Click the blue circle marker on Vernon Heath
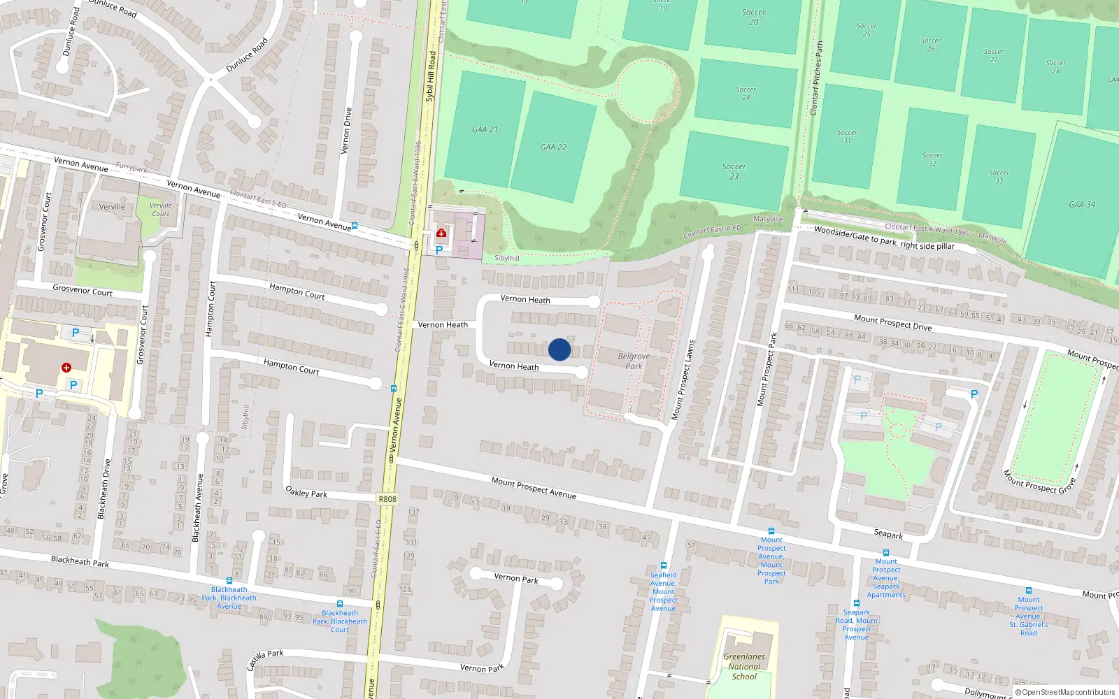pyautogui.click(x=559, y=349)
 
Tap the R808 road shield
pyautogui.click(x=387, y=499)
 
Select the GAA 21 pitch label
pyautogui.click(x=485, y=129)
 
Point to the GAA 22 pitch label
pyautogui.click(x=553, y=147)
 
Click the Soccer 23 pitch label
pyautogui.click(x=734, y=171)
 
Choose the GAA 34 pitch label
pyautogui.click(x=1082, y=204)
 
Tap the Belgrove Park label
pyautogui.click(x=634, y=361)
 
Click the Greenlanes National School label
pyautogui.click(x=744, y=666)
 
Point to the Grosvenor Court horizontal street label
pyautogui.click(x=83, y=290)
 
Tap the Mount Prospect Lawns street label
pyautogui.click(x=683, y=380)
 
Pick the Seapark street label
pyautogui.click(x=888, y=534)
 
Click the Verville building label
pyautogui.click(x=112, y=207)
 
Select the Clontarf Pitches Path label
pyautogui.click(x=817, y=78)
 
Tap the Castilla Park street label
pyautogui.click(x=265, y=658)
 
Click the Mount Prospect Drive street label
pyautogui.click(x=892, y=322)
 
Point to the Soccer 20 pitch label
pyautogui.click(x=753, y=17)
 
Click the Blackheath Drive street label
pyautogui.click(x=104, y=489)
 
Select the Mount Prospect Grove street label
pyautogui.click(x=1039, y=482)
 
